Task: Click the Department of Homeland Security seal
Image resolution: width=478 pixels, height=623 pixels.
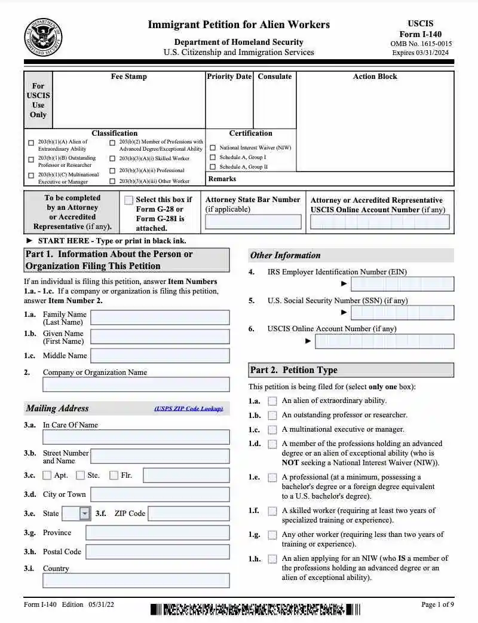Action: [x=42, y=38]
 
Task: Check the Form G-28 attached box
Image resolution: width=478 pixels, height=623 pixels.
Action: [x=128, y=201]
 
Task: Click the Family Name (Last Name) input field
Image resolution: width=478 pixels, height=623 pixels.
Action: [x=160, y=317]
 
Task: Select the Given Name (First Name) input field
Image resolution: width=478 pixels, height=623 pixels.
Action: [x=160, y=337]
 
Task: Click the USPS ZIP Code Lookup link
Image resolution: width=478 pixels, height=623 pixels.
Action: [x=188, y=409]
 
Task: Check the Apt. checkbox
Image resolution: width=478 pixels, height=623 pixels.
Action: [x=47, y=476]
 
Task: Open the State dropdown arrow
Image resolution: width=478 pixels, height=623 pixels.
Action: [x=85, y=514]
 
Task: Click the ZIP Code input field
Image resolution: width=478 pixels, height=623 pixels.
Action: [x=188, y=514]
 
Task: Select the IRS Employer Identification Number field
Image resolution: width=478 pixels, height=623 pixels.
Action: [x=402, y=284]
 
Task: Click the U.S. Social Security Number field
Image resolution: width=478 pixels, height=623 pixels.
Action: [x=402, y=313]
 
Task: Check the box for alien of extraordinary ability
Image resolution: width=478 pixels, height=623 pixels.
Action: [x=272, y=401]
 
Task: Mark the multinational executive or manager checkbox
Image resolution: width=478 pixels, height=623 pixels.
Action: [x=272, y=430]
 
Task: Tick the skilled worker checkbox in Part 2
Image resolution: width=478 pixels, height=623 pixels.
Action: [x=272, y=511]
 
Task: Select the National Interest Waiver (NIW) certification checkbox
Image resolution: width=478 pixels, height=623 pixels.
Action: [x=213, y=148]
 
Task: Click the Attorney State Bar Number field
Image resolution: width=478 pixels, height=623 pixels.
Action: [x=253, y=222]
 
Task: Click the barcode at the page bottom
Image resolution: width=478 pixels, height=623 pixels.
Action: [x=255, y=610]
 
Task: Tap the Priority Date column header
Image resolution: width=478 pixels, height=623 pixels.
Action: [x=229, y=77]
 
